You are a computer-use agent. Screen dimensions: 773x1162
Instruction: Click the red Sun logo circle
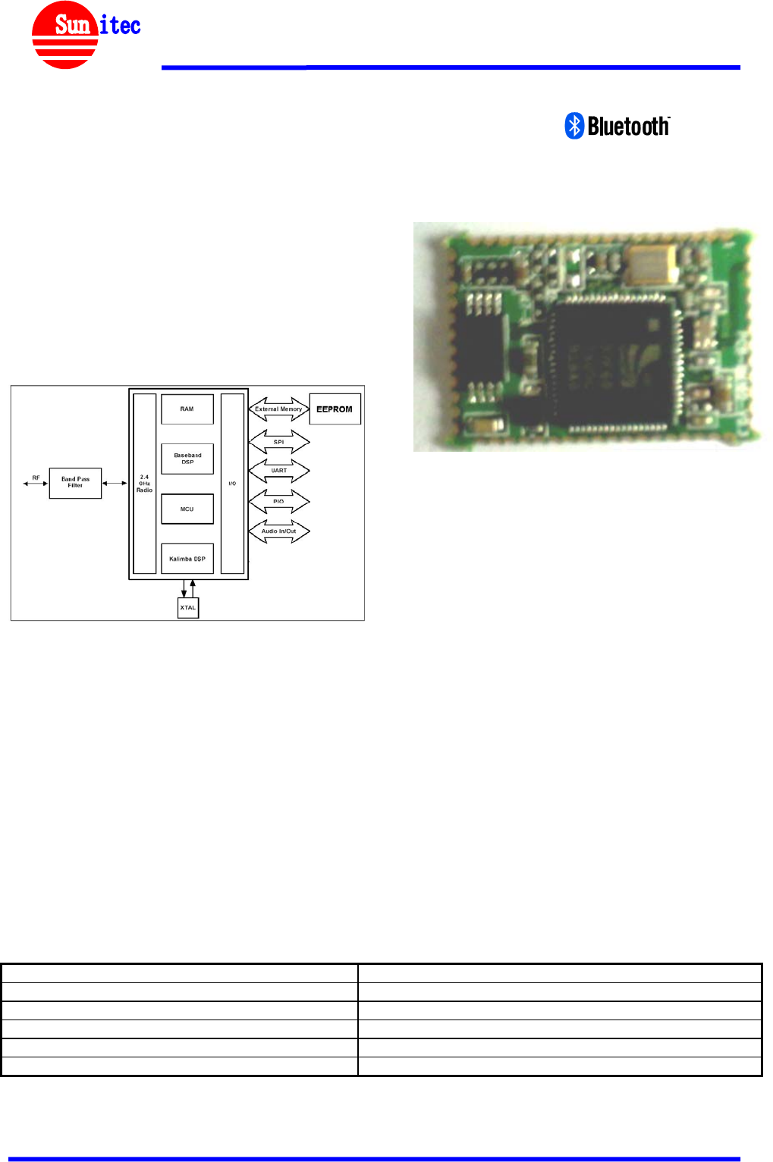pos(64,36)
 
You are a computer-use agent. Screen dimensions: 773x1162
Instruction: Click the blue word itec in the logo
pos(120,25)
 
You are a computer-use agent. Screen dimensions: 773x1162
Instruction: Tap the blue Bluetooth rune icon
pos(574,126)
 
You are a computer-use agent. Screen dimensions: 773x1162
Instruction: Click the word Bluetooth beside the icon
pos(628,126)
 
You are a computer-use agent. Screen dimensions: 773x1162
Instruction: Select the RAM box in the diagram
pos(187,409)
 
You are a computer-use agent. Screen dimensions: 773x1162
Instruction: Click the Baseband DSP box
pos(187,459)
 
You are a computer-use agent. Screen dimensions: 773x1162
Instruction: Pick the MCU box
pos(187,509)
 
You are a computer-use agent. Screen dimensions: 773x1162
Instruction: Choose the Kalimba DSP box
pos(187,559)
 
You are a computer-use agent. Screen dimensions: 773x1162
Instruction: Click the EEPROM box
pos(335,409)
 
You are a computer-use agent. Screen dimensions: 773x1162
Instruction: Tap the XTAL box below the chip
pos(188,607)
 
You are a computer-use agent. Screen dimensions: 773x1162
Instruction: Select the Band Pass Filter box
pos(75,483)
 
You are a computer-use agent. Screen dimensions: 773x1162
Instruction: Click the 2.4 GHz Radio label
pos(144,484)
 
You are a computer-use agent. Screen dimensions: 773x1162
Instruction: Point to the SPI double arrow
pos(279,441)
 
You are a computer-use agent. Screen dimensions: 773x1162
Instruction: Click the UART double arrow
pos(279,471)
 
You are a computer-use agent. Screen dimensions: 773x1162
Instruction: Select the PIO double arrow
pos(279,501)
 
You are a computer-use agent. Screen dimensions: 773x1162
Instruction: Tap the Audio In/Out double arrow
pos(279,531)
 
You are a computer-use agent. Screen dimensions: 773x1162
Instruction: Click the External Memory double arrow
pos(278,409)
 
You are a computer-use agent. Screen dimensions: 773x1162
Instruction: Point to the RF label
pos(36,478)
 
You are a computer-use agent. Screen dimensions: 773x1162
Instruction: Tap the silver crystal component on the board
pos(653,262)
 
